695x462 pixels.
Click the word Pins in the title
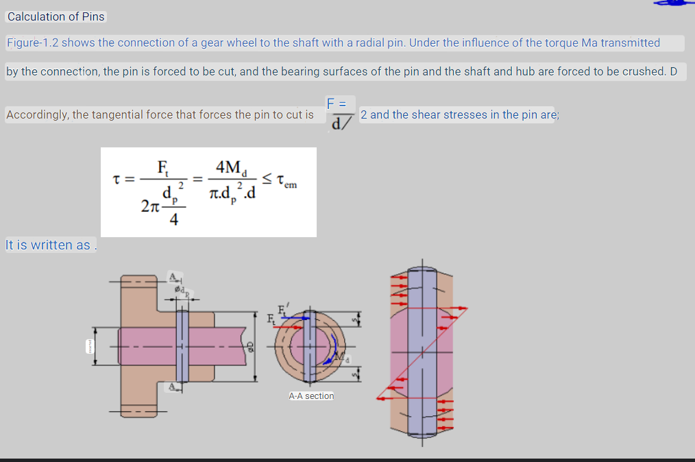[x=93, y=16]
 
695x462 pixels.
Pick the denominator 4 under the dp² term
[x=173, y=220]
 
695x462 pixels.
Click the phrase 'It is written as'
[x=48, y=245]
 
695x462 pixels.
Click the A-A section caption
[x=311, y=396]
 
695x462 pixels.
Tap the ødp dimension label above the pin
[x=182, y=291]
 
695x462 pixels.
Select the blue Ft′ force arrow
[x=295, y=318]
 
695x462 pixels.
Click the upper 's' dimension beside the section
[x=355, y=319]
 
